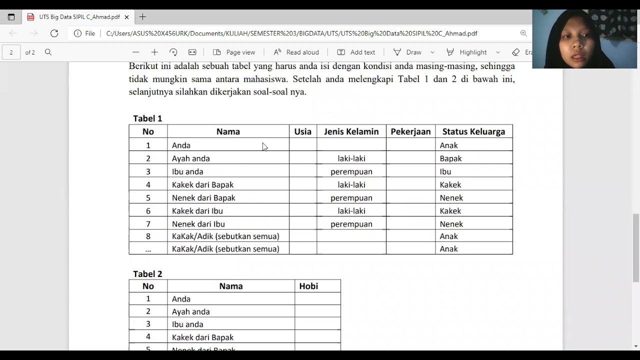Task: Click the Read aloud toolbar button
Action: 296,52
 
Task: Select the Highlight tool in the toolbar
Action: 467,52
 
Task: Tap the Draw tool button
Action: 407,52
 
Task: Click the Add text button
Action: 356,52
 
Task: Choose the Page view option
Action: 234,52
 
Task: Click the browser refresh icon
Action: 54,33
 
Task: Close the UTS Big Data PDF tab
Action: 127,17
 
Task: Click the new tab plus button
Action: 142,17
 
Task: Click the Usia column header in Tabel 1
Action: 302,131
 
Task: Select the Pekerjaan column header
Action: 410,131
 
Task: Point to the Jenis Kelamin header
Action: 351,131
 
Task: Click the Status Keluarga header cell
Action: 473,131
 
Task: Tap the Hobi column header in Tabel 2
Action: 308,286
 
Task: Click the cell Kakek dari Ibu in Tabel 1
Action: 197,211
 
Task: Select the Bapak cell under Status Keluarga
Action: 450,158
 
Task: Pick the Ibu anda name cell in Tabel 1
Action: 187,171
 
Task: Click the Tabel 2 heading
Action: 147,274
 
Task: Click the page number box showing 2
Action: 11,52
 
